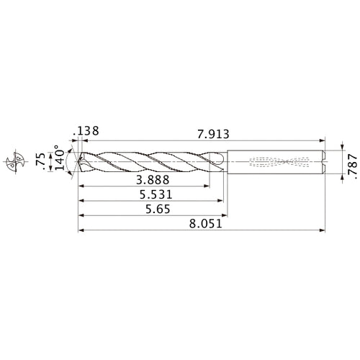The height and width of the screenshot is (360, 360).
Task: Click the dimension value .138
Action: coord(86,132)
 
